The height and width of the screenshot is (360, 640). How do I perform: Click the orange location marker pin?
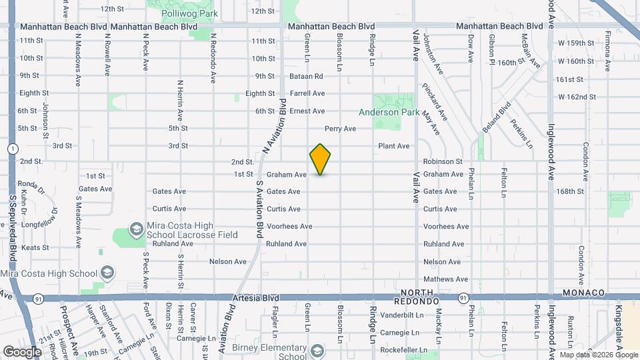pyautogui.click(x=320, y=159)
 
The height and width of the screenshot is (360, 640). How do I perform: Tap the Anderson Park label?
pyautogui.click(x=389, y=113)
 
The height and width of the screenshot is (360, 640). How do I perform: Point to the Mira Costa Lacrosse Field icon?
pyautogui.click(x=137, y=230)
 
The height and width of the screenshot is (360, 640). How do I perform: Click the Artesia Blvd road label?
pyautogui.click(x=256, y=298)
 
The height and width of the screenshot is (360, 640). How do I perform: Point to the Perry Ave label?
pyautogui.click(x=340, y=128)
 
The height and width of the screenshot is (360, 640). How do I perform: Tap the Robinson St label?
pyautogui.click(x=443, y=161)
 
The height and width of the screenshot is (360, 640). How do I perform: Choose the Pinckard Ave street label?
pyautogui.click(x=434, y=102)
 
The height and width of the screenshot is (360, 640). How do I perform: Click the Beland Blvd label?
pyautogui.click(x=497, y=116)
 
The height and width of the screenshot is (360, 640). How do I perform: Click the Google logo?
pyautogui.click(x=22, y=351)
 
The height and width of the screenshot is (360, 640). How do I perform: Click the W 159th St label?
pyautogui.click(x=575, y=43)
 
